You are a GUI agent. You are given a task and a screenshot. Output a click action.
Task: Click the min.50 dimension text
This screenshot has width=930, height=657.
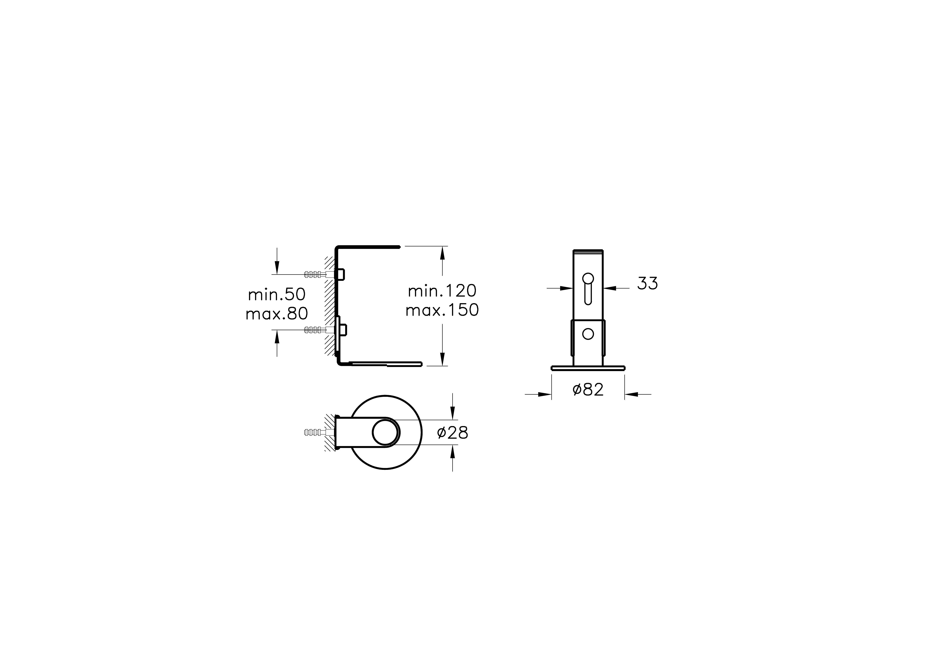click(277, 295)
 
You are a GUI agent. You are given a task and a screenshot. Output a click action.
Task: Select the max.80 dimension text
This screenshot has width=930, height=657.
click(277, 313)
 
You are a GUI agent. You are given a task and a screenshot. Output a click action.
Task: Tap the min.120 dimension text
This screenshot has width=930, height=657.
click(442, 291)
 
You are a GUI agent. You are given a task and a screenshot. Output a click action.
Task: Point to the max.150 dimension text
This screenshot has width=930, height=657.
click(442, 310)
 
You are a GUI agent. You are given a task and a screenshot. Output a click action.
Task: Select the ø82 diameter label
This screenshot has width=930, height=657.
click(588, 390)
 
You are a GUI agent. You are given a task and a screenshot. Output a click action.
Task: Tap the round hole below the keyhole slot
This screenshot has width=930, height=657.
click(588, 334)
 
